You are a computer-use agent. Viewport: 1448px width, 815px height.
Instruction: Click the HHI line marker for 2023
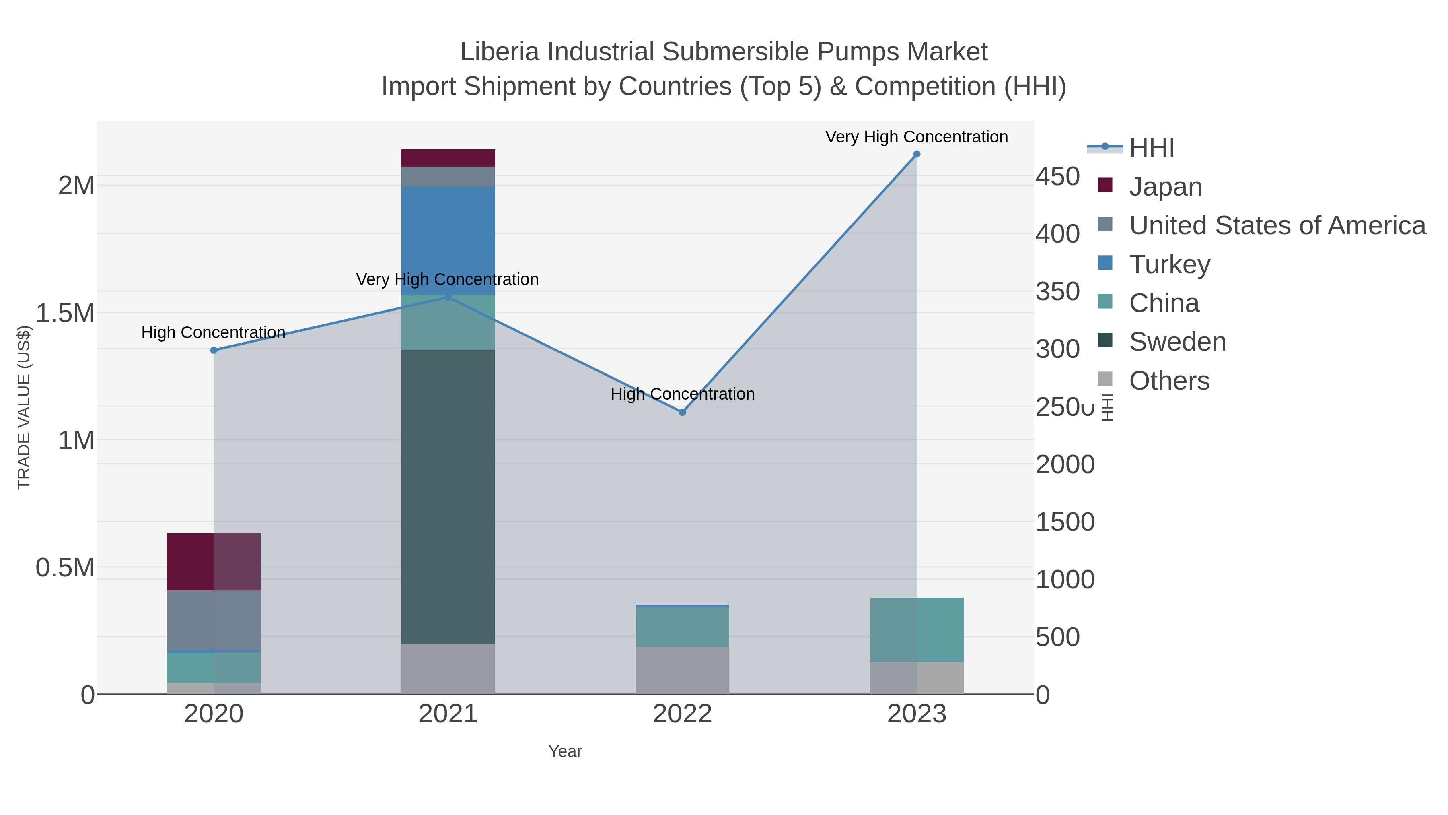point(916,154)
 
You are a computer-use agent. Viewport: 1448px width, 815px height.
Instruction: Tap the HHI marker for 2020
point(214,351)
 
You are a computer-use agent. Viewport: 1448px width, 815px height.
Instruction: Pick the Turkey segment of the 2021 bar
point(448,240)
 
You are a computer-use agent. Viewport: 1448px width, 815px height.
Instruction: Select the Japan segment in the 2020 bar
point(214,561)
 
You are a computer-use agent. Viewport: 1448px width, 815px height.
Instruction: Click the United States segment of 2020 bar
point(214,620)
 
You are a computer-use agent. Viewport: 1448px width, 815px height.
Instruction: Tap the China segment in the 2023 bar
point(916,629)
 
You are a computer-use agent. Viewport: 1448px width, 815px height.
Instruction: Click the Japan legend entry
point(1165,187)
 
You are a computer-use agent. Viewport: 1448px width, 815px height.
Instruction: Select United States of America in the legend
point(1277,225)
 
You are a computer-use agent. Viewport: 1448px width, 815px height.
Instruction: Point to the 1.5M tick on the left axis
point(65,313)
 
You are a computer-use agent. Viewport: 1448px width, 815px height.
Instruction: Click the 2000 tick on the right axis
point(1065,464)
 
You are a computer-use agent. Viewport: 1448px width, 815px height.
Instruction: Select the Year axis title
point(565,751)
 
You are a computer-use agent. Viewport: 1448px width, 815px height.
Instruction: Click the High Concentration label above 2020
point(213,332)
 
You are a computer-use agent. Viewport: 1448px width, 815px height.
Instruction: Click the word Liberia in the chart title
point(500,52)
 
